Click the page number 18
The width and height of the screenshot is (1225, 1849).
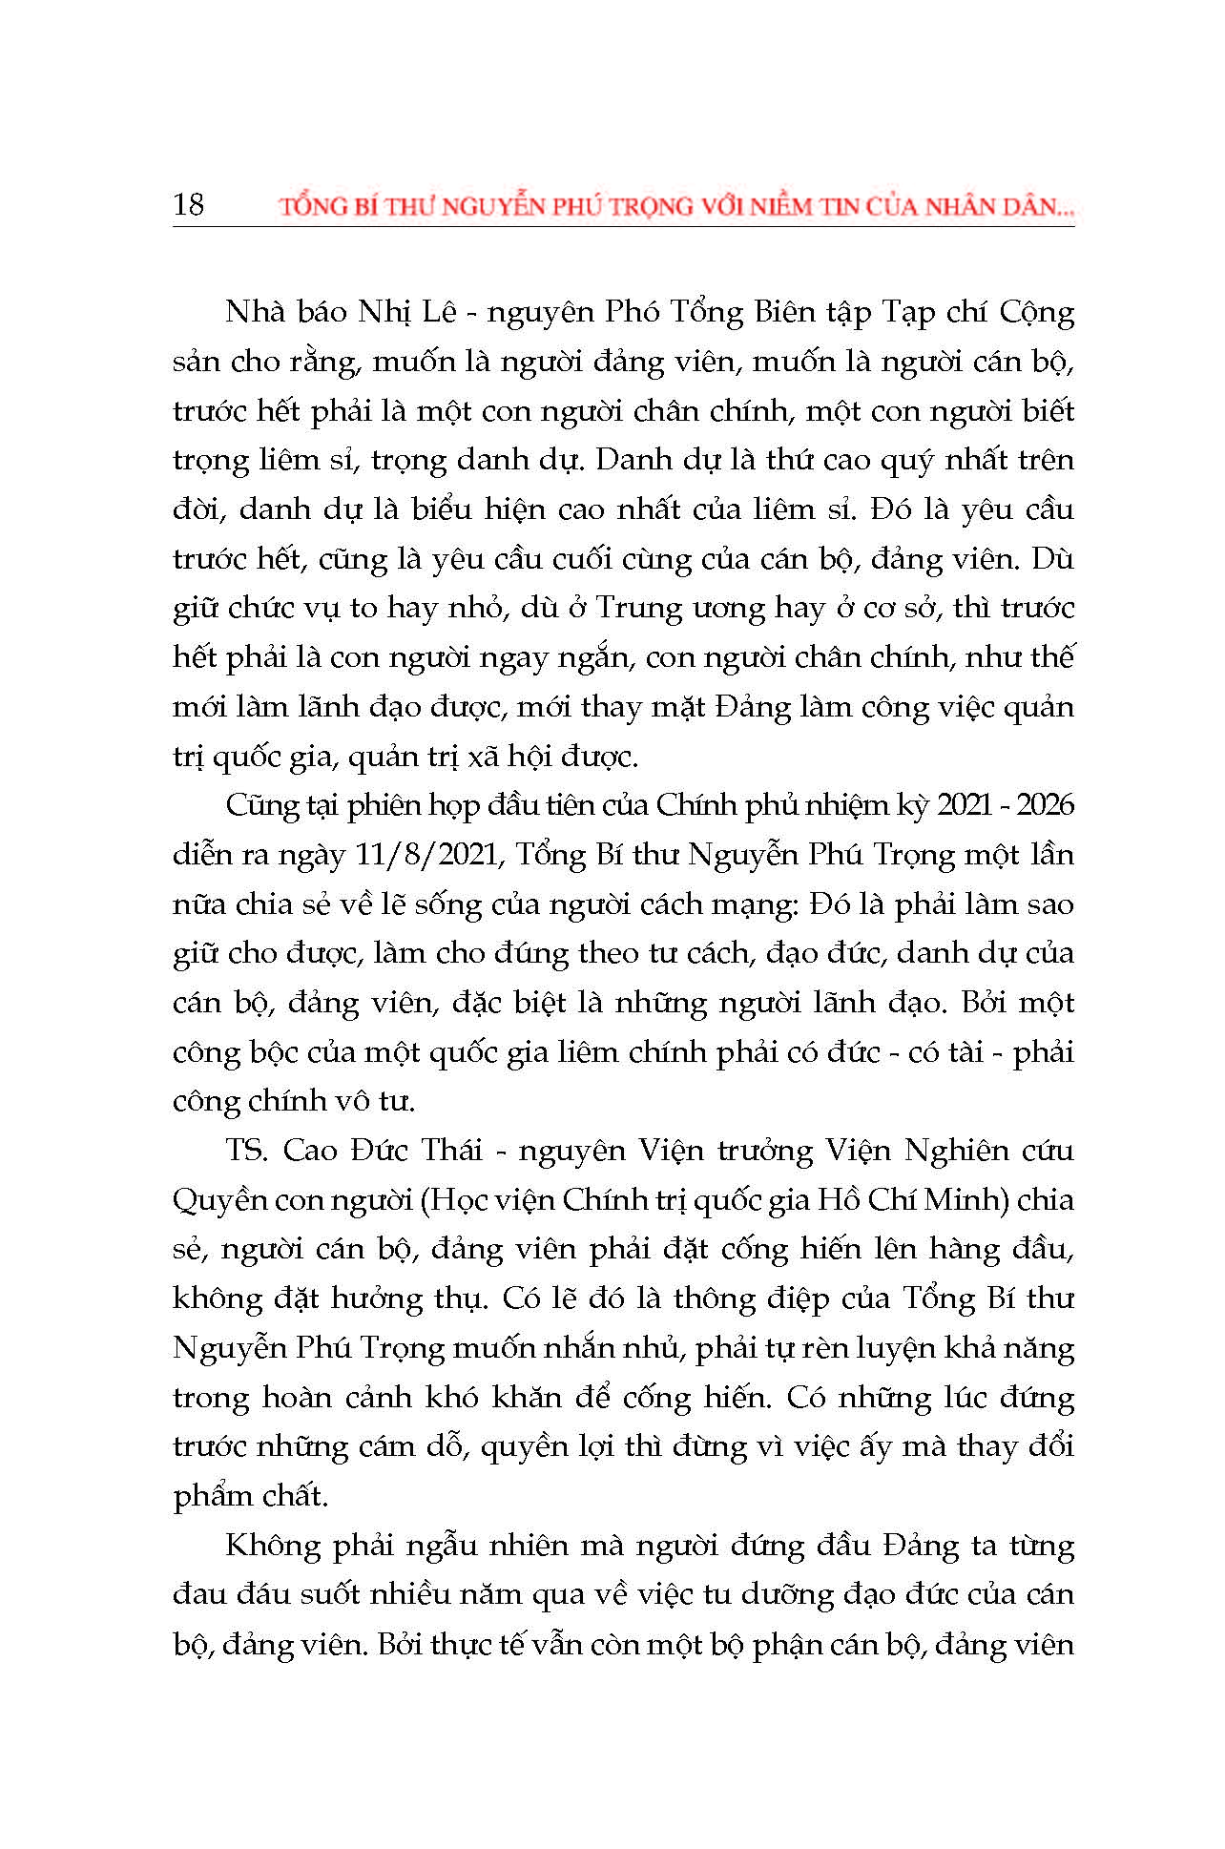tap(189, 204)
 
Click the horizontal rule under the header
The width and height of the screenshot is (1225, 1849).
tap(623, 226)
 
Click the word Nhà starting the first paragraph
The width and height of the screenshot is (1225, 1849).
tap(253, 312)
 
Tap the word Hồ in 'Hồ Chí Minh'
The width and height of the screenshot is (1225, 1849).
tap(838, 1200)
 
